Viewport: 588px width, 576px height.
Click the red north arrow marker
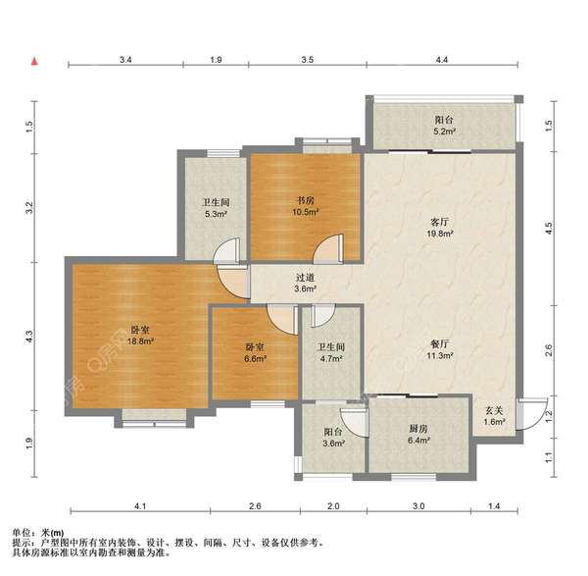pos(34,61)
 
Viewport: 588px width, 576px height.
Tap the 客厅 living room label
pos(439,223)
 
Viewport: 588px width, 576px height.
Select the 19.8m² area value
pos(439,234)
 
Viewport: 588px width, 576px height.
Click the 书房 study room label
pos(305,201)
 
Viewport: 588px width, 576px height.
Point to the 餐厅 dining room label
pos(439,344)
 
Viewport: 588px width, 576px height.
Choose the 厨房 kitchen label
pos(418,429)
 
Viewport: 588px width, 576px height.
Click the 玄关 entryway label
pos(494,411)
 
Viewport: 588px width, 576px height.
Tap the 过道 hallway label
pos(305,278)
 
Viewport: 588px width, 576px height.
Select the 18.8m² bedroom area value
pos(140,341)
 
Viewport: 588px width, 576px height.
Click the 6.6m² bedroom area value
pos(255,358)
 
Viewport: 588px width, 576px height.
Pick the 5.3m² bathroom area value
pos(216,214)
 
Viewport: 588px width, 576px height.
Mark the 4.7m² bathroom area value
pos(331,358)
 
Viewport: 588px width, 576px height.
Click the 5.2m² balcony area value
pos(444,131)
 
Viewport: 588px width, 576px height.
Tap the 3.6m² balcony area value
pos(334,444)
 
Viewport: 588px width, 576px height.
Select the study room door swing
pos(327,248)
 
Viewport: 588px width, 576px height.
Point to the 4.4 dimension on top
pos(442,60)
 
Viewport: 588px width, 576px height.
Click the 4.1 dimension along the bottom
pos(140,506)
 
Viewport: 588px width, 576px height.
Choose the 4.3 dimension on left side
pos(30,336)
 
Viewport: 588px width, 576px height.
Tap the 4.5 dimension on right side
pos(549,228)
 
